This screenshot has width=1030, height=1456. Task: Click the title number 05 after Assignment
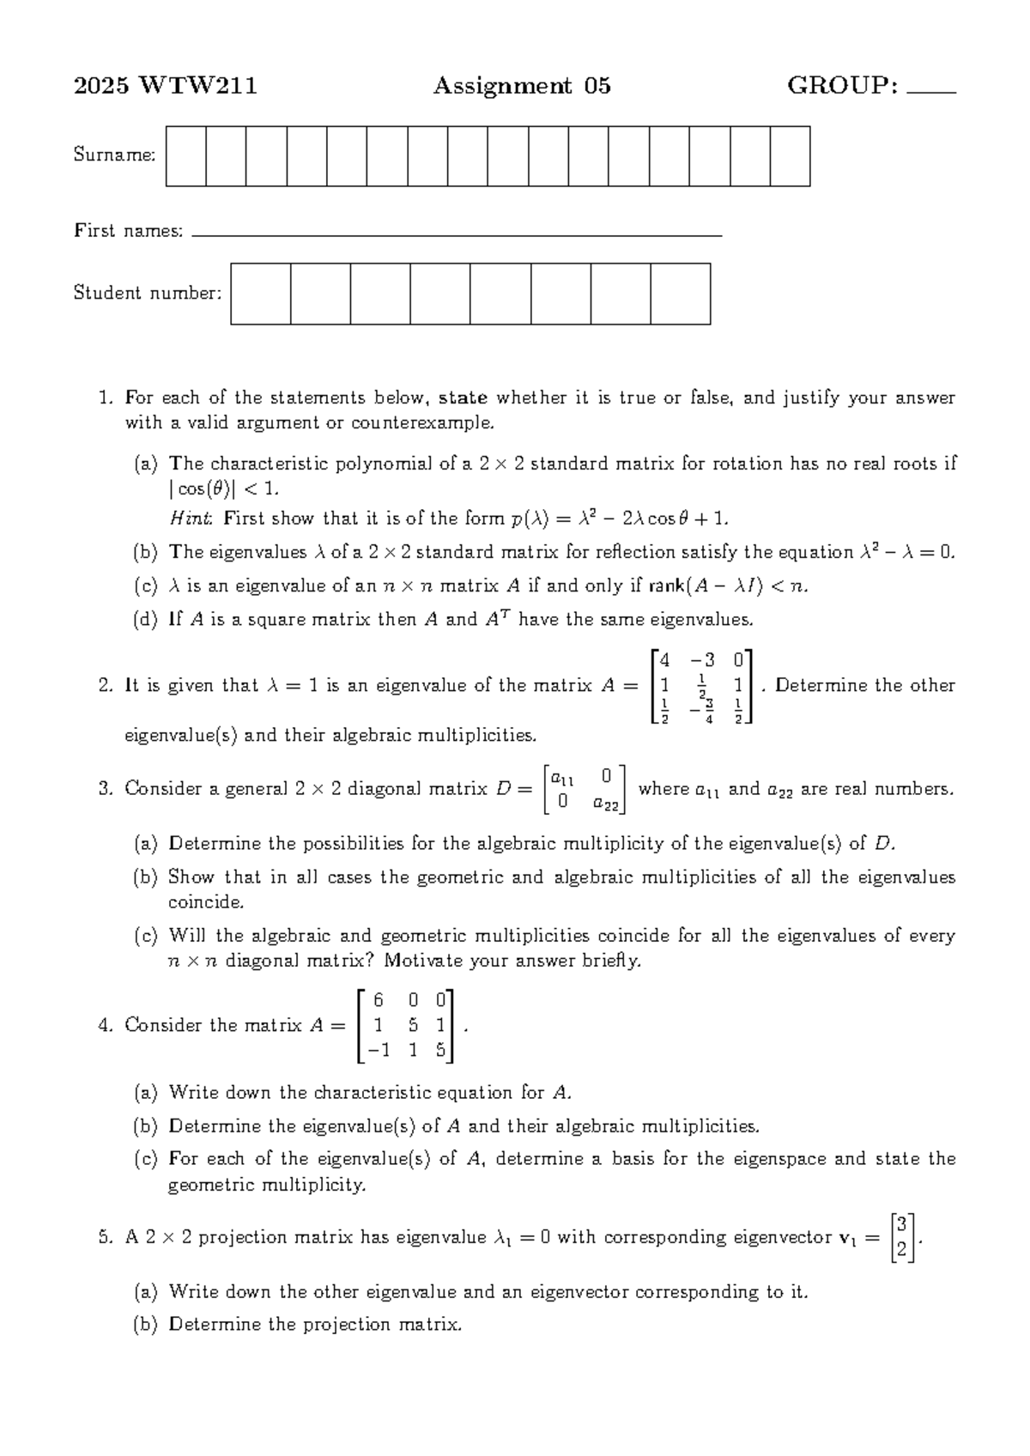[x=597, y=86]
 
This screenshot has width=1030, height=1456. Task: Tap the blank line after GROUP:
[x=930, y=89]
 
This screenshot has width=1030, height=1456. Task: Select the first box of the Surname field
[x=185, y=156]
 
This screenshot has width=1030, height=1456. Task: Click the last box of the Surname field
[x=790, y=156]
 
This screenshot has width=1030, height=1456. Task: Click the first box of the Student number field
[x=260, y=294]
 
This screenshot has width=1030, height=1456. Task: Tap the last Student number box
[x=680, y=294]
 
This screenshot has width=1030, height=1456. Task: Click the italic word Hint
[x=189, y=518]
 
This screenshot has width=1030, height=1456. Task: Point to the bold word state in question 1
[x=463, y=397]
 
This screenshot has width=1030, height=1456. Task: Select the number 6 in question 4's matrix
[x=379, y=999]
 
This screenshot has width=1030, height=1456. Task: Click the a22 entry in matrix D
[x=605, y=804]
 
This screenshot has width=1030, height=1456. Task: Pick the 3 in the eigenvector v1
[x=900, y=1224]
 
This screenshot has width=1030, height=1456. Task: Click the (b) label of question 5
[x=146, y=1325]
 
